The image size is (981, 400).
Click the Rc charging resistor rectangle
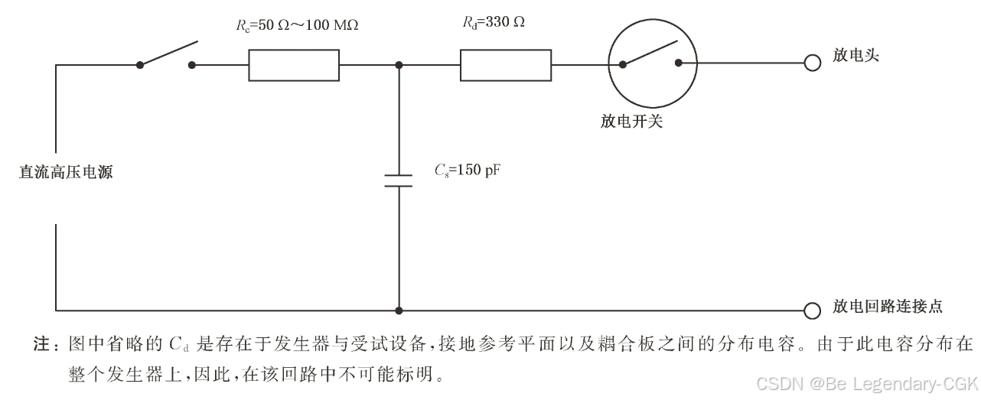point(293,65)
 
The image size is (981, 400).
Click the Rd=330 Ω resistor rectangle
point(505,65)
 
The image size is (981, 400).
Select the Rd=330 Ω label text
point(493,22)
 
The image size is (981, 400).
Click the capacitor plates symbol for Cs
point(398,180)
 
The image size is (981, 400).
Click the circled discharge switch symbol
point(651,65)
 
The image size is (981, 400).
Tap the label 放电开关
point(631,121)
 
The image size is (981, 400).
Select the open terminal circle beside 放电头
point(812,65)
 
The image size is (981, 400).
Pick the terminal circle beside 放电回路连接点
point(812,311)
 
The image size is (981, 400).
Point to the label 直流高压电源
point(66,173)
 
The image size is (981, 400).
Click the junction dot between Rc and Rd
point(398,65)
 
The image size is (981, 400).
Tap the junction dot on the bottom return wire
point(398,311)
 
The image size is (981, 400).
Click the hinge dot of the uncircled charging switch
point(139,65)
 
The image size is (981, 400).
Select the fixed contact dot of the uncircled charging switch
point(192,65)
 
